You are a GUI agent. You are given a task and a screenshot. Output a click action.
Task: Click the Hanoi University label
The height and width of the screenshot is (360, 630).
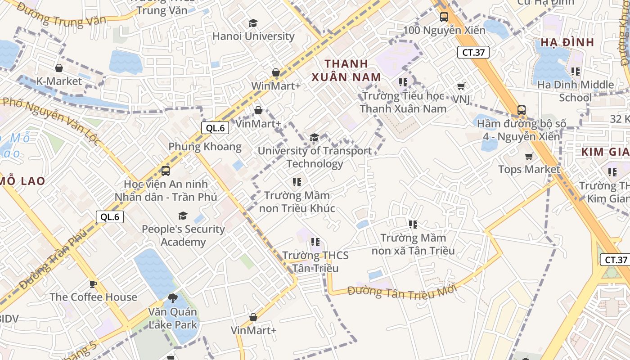pos(253,36)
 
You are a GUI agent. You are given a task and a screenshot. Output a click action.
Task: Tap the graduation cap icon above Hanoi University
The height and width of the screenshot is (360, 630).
pos(253,23)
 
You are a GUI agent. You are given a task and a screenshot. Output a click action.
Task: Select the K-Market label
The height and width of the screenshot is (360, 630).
pos(59,81)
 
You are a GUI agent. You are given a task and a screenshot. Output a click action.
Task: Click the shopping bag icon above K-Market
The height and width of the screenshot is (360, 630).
pos(59,68)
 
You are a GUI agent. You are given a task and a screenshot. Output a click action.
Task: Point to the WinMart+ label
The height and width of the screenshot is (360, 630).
pos(275,85)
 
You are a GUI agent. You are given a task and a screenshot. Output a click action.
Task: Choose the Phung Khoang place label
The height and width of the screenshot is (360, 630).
pos(205,147)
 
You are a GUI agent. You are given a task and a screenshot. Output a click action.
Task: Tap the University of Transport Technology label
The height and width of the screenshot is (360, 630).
pos(315,157)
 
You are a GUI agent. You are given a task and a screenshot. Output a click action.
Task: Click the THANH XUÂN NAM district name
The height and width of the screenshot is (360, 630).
pos(346,70)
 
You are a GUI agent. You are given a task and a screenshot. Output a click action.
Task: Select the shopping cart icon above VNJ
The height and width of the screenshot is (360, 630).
pos(461,86)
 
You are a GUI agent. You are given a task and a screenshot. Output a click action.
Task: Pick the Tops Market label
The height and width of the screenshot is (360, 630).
pos(529,169)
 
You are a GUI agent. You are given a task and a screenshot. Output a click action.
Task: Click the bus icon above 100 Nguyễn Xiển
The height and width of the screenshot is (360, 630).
pos(444,17)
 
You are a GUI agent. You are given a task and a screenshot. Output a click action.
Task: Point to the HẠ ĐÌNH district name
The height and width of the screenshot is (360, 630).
pos(567,43)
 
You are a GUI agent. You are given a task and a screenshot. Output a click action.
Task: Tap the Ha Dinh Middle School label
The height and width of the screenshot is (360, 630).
pos(575,91)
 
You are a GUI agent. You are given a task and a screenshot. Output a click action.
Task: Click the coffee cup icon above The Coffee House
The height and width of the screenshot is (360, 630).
pos(93,284)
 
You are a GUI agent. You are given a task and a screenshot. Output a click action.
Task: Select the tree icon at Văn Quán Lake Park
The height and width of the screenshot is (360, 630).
pos(172,298)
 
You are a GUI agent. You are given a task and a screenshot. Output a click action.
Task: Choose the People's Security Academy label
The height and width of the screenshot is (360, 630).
pos(183,235)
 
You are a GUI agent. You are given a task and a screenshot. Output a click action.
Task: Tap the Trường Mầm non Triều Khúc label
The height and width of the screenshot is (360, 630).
pos(297,202)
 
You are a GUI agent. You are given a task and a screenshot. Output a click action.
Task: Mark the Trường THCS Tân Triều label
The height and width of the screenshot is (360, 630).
pos(315,262)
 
